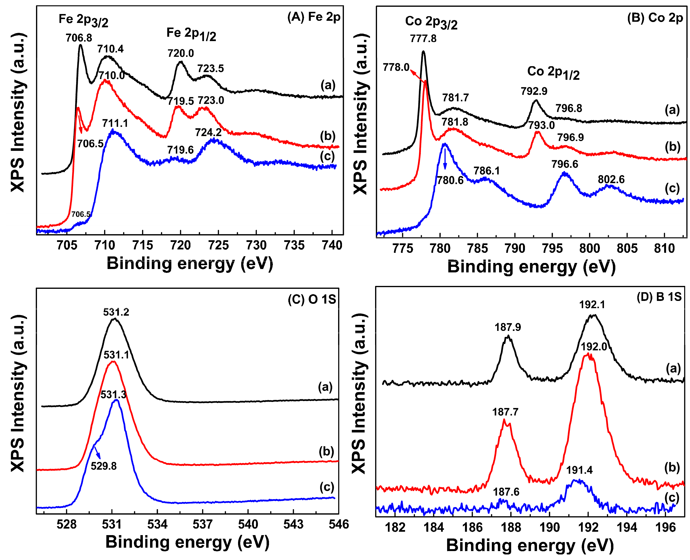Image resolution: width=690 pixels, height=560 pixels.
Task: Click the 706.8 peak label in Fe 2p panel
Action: click(79, 38)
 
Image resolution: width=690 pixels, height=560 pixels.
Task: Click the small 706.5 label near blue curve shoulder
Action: click(81, 214)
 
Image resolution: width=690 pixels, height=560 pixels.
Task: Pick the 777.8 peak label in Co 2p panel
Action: click(423, 39)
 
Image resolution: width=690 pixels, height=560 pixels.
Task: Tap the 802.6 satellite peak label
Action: click(611, 179)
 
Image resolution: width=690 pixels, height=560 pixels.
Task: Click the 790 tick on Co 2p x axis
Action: click(515, 248)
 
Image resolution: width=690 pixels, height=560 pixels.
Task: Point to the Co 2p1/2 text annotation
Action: click(553, 72)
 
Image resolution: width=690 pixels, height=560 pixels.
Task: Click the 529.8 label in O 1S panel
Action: click(103, 466)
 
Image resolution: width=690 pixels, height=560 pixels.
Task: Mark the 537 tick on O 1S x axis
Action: click(202, 524)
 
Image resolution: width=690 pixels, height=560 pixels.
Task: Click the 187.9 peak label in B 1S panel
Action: click(508, 327)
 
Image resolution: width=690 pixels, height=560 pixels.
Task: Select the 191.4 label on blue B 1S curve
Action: click(579, 470)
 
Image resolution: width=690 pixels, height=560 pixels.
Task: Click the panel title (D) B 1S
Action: click(659, 297)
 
